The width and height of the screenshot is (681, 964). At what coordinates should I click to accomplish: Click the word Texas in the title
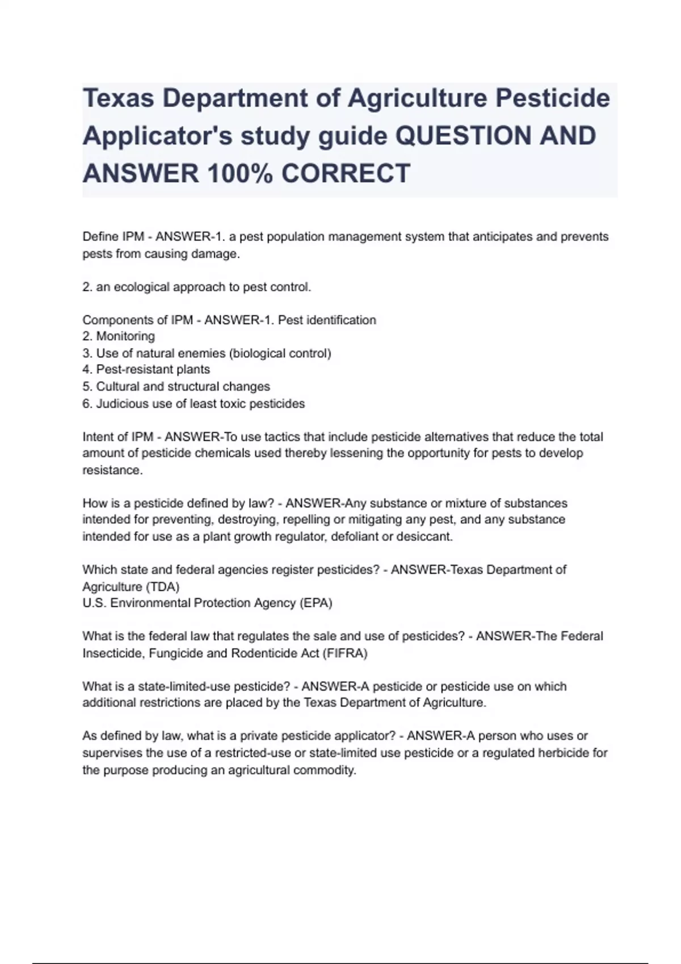[x=118, y=99]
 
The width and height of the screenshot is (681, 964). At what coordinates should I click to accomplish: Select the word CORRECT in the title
[x=346, y=174]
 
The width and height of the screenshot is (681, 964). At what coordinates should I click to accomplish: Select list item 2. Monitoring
[x=119, y=336]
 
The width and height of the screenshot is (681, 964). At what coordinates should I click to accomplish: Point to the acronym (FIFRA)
[x=345, y=653]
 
